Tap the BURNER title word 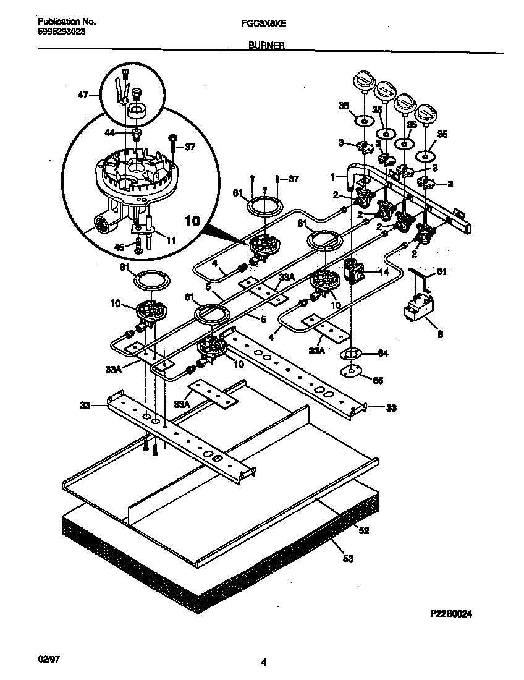click(x=266, y=45)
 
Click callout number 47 click(x=82, y=95)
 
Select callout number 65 click(x=378, y=380)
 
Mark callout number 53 click(x=347, y=559)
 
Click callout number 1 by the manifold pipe click(x=332, y=176)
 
